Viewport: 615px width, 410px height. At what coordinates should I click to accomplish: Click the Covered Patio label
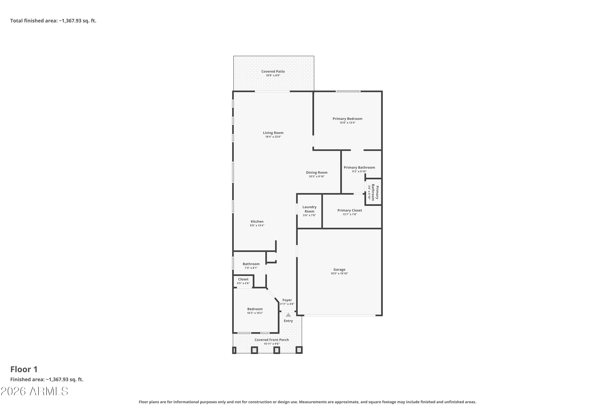[273, 71]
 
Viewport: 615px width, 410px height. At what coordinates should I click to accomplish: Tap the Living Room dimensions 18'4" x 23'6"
[273, 137]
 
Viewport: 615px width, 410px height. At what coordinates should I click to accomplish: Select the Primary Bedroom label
[347, 119]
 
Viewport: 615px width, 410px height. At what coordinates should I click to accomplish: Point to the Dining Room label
[317, 173]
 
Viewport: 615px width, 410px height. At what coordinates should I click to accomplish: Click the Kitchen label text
[257, 221]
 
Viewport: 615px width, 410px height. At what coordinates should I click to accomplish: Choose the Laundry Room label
[309, 209]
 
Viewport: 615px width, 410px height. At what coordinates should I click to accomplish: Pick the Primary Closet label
[350, 211]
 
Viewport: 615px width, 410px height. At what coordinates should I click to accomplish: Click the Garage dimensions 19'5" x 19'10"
[339, 273]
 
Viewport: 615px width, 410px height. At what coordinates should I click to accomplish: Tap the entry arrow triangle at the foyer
[288, 315]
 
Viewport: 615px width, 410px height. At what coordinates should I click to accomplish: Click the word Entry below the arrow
[288, 321]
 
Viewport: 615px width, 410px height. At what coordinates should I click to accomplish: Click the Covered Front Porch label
[272, 340]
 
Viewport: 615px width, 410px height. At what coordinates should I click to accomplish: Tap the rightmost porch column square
[299, 350]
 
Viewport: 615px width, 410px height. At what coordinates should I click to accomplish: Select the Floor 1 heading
[24, 369]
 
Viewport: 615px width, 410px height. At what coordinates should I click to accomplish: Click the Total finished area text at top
[53, 21]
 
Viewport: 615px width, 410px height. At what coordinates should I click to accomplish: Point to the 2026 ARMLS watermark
[34, 391]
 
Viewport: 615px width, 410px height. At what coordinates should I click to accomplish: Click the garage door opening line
[340, 315]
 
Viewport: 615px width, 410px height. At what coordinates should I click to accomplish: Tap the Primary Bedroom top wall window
[348, 91]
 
